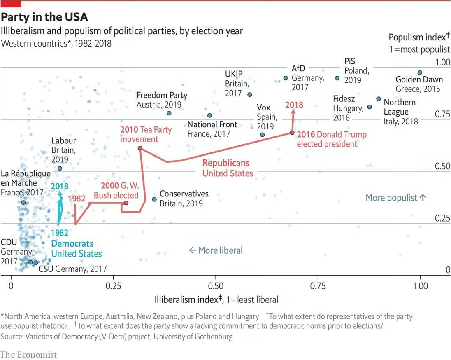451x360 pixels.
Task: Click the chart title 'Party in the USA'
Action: [x=44, y=18]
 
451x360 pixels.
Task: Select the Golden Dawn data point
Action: [x=420, y=72]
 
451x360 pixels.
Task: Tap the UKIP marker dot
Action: [x=249, y=94]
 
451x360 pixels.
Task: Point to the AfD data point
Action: [x=286, y=78]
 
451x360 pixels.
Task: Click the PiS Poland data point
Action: [x=337, y=78]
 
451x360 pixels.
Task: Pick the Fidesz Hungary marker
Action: [x=370, y=107]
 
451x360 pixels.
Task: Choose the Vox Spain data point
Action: [x=263, y=135]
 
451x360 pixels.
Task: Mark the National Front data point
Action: [x=209, y=115]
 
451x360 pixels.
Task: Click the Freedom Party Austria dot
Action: [x=169, y=113]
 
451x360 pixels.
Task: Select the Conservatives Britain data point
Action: [x=154, y=199]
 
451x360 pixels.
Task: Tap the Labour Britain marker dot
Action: [x=60, y=168]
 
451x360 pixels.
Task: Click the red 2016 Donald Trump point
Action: [x=292, y=133]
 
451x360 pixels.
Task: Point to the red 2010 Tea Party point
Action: [x=140, y=148]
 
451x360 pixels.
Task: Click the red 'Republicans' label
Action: [x=225, y=163]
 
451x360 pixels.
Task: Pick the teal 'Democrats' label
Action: [x=72, y=243]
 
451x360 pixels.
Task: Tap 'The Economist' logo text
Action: [x=28, y=354]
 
